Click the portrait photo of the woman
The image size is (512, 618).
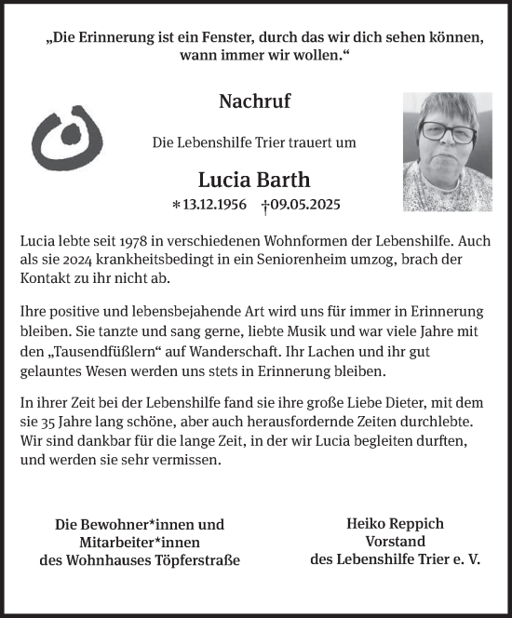440,152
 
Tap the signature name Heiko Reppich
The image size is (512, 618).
396,524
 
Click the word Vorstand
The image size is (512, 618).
396,542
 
